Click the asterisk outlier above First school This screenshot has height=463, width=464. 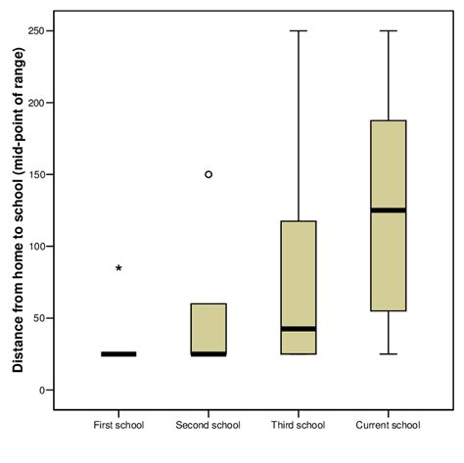point(118,267)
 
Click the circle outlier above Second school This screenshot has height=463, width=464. point(209,174)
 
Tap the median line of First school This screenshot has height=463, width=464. point(118,353)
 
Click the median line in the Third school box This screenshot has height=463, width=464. point(299,329)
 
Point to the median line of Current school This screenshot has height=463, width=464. point(389,209)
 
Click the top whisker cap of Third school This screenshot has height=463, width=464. point(299,30)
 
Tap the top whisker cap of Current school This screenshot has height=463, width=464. point(389,30)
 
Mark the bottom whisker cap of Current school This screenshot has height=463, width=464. point(389,353)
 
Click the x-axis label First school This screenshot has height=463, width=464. point(118,425)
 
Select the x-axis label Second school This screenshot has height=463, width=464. point(209,425)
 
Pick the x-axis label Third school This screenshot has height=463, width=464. point(299,425)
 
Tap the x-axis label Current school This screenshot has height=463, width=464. point(389,425)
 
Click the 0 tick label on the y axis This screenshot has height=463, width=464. point(41,390)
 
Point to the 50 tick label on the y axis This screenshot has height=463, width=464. point(38,318)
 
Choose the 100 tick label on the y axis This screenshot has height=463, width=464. point(35,246)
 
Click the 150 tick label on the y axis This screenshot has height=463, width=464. point(35,174)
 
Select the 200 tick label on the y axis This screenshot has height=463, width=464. point(35,103)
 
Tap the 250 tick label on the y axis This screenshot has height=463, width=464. point(35,30)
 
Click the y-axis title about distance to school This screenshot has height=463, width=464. point(17,210)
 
